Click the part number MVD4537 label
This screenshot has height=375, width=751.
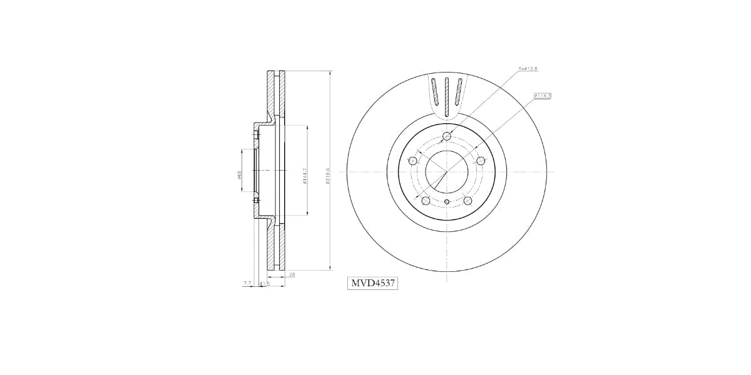(372, 283)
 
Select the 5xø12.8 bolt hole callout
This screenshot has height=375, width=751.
(528, 68)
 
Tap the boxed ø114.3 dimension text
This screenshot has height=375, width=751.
(542, 96)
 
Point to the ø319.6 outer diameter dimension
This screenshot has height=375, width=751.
(327, 176)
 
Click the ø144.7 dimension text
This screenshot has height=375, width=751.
(304, 176)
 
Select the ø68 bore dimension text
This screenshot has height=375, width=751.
(239, 175)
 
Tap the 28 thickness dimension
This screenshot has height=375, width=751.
(292, 274)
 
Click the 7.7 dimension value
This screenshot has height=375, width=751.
(247, 283)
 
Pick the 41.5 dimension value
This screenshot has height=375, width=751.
(264, 283)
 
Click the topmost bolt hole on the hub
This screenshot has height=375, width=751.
(446, 137)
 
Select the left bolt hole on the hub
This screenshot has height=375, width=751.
(412, 161)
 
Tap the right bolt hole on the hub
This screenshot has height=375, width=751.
(481, 161)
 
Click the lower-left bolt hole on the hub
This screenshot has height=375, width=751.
(426, 201)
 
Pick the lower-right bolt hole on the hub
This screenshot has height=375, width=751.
(467, 201)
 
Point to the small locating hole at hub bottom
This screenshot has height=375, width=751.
(446, 202)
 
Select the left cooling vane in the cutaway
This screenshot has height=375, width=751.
(434, 92)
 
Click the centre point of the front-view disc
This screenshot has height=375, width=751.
(446, 171)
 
